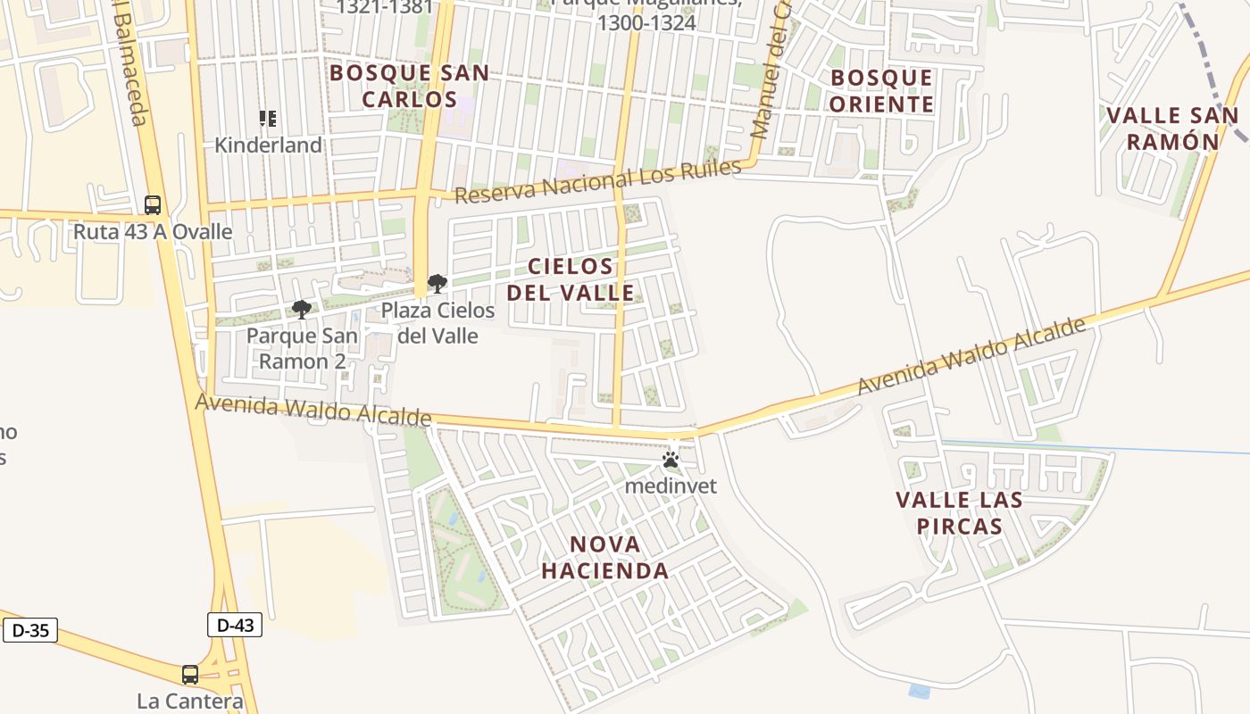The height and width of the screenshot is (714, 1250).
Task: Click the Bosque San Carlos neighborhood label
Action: pos(410,86)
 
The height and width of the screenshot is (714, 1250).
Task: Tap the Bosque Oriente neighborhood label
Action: pos(882,91)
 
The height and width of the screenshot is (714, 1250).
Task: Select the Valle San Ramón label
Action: pos(1172,129)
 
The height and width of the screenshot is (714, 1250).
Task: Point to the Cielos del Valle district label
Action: pos(571,279)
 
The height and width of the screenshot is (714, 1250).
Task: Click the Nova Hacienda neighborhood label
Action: pos(605,558)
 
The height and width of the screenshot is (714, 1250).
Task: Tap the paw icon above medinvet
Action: pos(671,461)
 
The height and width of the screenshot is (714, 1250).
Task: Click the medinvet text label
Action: pos(671,486)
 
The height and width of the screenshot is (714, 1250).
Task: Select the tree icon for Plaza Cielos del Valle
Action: pos(437,284)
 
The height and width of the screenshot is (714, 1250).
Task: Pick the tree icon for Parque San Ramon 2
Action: pos(302,310)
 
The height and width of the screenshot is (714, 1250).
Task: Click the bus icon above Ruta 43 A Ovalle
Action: pos(153,205)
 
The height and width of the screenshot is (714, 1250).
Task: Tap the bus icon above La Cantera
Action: pos(190,675)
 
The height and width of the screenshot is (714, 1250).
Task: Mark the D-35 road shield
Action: pos(30,630)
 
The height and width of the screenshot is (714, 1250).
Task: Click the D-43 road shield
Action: pos(235,625)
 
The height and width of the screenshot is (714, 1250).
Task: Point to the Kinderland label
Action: pos(268,145)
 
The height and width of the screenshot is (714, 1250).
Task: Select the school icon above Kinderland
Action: pos(267,118)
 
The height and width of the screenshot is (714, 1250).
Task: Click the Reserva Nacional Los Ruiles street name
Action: pos(598,181)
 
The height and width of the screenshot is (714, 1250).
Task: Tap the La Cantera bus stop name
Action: pos(190,701)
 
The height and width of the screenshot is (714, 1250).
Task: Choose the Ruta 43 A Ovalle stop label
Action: pos(153,232)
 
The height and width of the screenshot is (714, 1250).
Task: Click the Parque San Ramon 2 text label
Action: pos(302,348)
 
